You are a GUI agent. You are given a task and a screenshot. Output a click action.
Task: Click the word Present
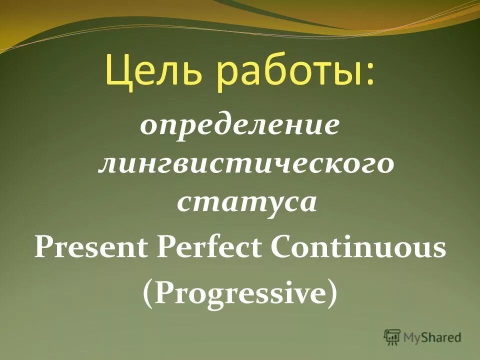(92, 248)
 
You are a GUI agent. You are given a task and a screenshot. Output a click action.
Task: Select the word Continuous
(358, 248)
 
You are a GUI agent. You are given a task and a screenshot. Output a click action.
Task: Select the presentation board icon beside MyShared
(392, 337)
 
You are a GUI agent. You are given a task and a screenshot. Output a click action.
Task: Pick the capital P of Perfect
(166, 248)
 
